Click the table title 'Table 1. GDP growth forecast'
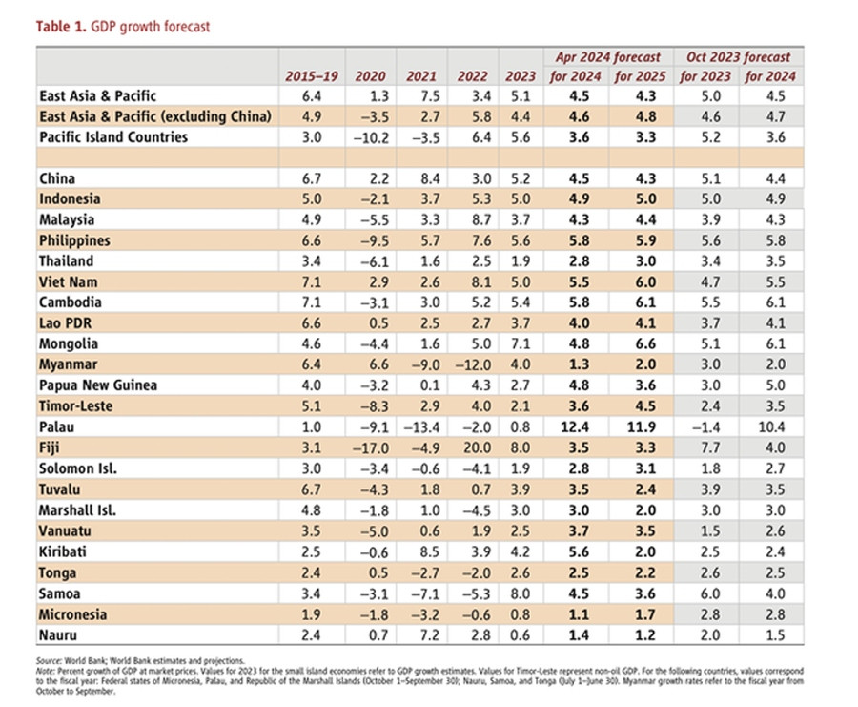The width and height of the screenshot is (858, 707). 123,27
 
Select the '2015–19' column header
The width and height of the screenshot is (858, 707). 307,76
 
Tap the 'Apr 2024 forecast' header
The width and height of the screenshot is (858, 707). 608,57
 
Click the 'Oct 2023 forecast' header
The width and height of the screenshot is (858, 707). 738,57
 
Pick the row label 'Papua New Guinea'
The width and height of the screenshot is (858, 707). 98,385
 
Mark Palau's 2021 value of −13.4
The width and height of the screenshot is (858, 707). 420,426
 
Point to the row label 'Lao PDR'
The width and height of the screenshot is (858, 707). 68,323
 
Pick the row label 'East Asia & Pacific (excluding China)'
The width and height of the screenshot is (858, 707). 155,116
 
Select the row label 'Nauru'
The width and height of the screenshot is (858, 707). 59,634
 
